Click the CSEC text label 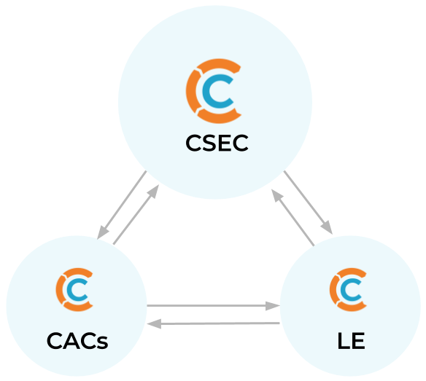pos(217,143)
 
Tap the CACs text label pos(77,341)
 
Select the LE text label pos(351,341)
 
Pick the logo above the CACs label pos(74,289)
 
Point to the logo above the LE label pos(348,289)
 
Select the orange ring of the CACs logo pos(60,289)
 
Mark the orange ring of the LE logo pos(333,289)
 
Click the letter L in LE pos(343,341)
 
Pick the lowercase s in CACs pos(102,342)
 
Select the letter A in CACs pos(71,341)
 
